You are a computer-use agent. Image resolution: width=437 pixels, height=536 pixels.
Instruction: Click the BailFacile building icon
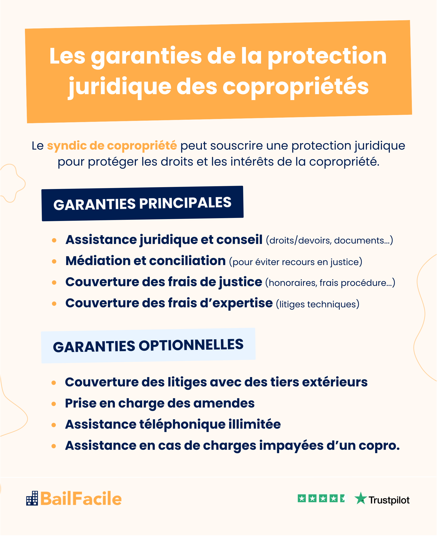(x=32, y=498)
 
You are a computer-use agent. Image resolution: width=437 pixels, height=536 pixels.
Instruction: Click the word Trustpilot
(x=389, y=500)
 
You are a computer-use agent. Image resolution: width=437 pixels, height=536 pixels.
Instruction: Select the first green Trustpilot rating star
(x=302, y=498)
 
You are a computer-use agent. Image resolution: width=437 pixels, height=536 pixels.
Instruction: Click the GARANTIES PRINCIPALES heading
(x=142, y=203)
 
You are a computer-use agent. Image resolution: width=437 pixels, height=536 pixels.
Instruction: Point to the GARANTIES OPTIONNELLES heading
(x=148, y=346)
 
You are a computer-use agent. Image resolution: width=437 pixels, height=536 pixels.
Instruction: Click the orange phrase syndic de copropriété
(x=112, y=146)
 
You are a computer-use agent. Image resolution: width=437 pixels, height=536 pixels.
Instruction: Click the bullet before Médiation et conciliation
(x=54, y=262)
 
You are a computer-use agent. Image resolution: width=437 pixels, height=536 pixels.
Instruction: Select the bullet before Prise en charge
(x=54, y=404)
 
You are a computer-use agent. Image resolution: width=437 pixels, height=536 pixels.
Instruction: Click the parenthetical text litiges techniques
(x=317, y=304)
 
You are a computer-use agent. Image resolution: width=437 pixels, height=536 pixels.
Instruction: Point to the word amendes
(x=224, y=403)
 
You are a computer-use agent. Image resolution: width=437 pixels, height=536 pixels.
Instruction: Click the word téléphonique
(x=182, y=424)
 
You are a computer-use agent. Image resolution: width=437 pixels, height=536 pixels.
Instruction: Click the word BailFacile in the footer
(x=81, y=499)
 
